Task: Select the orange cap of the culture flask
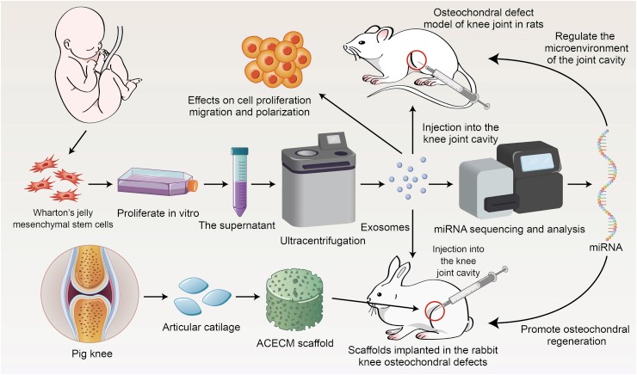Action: pyautogui.click(x=194, y=186)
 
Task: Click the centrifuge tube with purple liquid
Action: pyautogui.click(x=239, y=181)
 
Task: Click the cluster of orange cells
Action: pyautogui.click(x=277, y=59)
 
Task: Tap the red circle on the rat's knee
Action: pyautogui.click(x=418, y=59)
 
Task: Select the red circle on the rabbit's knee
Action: pyautogui.click(x=435, y=311)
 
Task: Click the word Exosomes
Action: pyautogui.click(x=385, y=227)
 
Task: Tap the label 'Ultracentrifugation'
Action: pyautogui.click(x=323, y=241)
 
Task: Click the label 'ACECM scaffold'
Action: pyautogui.click(x=295, y=343)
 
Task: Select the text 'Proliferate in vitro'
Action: pyautogui.click(x=158, y=213)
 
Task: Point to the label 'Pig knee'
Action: pyautogui.click(x=92, y=353)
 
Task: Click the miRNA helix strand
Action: pyautogui.click(x=607, y=185)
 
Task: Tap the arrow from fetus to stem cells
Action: pyautogui.click(x=78, y=142)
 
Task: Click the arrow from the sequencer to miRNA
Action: pyautogui.click(x=579, y=184)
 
